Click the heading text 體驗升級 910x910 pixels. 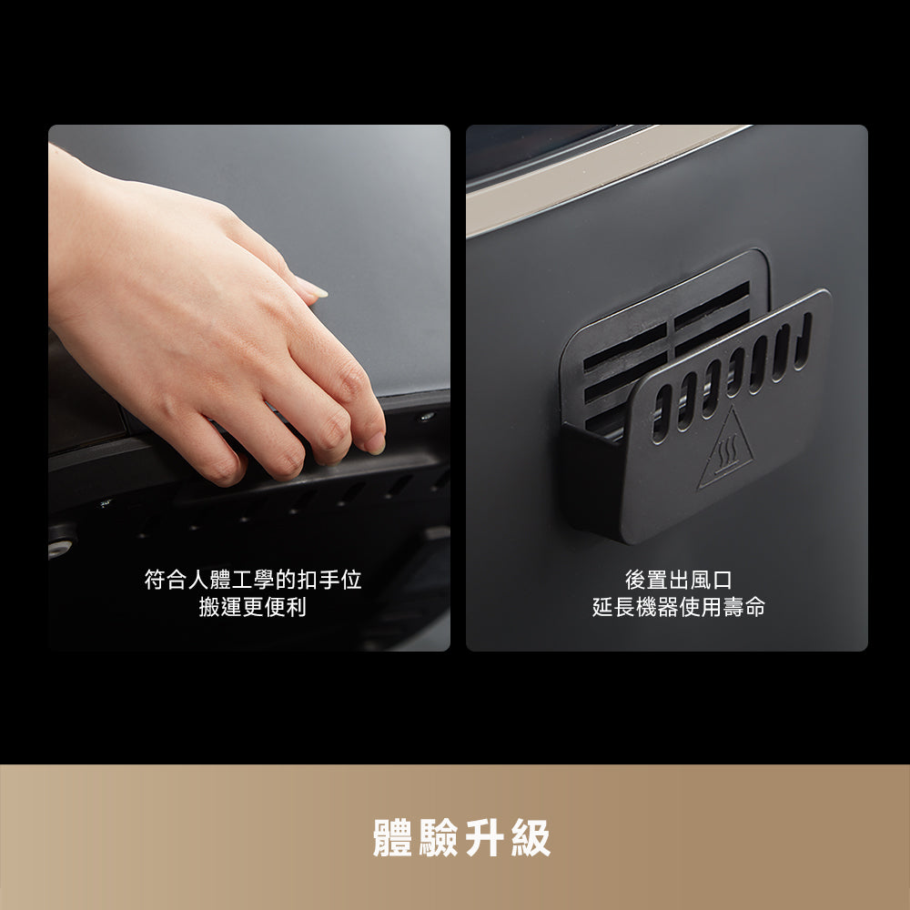click(461, 837)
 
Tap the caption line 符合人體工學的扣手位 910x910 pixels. click(253, 579)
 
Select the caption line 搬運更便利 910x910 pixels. click(252, 607)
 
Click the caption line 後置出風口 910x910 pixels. click(679, 579)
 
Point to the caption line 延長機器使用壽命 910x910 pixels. click(679, 607)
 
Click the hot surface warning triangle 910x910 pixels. click(726, 448)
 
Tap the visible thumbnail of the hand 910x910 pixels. click(312, 288)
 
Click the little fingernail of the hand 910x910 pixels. click(375, 443)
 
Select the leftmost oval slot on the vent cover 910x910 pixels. click(662, 414)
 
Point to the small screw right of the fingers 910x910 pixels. click(427, 416)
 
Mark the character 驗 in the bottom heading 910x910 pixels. click(439, 837)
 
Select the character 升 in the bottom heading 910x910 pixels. click(485, 837)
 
